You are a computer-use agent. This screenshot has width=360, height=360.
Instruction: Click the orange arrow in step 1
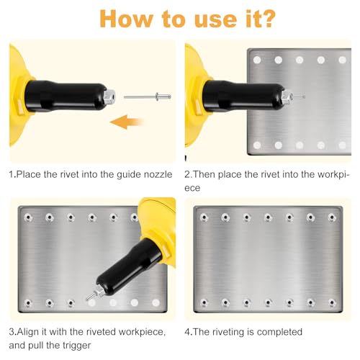[x=127, y=122]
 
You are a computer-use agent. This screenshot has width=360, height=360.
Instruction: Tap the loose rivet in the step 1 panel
[x=148, y=96]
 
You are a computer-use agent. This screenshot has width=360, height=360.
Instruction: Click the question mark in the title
[x=266, y=19]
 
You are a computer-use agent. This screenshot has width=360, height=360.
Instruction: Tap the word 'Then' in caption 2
[x=204, y=174]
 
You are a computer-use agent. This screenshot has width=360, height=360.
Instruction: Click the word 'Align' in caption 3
[x=28, y=333]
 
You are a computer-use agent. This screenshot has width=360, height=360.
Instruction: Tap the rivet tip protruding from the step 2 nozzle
[x=297, y=96]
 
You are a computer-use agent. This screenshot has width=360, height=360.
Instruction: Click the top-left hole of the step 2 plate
[x=257, y=60]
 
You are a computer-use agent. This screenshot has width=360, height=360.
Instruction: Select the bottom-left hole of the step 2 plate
[x=257, y=145]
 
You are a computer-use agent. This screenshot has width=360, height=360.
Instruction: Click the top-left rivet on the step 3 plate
[x=28, y=217]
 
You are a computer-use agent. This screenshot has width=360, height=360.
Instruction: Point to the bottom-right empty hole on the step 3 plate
[x=156, y=303]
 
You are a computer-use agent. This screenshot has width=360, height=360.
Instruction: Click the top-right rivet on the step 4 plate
[x=332, y=217]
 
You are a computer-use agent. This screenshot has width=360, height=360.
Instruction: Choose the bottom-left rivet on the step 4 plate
[x=204, y=302]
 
